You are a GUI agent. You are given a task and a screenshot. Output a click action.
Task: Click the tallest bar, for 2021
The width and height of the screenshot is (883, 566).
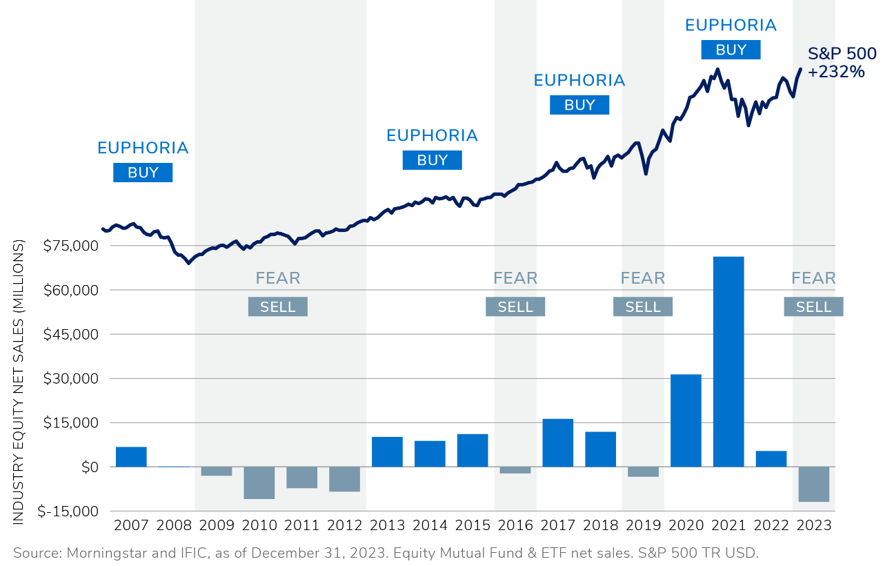[728, 362]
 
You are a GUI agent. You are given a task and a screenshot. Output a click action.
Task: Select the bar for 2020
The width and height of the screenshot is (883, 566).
[686, 420]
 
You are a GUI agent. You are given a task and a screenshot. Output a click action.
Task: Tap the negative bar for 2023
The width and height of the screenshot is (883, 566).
[813, 484]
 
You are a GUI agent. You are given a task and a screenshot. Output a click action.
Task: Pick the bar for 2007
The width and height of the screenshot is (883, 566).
[131, 457]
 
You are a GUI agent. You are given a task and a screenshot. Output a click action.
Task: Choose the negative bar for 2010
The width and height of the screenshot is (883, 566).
[259, 482]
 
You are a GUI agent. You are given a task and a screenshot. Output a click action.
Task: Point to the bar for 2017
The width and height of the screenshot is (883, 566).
[557, 442]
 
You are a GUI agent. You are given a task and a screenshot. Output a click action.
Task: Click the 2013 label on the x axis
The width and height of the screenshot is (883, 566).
[387, 525]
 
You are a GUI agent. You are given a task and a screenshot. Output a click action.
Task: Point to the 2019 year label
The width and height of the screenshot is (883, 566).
[643, 525]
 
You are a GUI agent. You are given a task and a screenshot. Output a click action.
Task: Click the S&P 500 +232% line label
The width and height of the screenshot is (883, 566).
[842, 63]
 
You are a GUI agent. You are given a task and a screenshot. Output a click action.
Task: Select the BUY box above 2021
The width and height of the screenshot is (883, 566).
[731, 50]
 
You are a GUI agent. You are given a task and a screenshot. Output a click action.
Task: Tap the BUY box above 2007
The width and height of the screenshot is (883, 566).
[143, 173]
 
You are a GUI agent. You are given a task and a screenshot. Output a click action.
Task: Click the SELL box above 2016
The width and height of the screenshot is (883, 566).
[515, 306]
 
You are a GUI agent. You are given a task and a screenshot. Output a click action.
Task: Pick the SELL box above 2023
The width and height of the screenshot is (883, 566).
[813, 306]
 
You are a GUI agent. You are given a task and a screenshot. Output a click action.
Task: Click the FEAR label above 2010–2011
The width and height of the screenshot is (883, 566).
[278, 278]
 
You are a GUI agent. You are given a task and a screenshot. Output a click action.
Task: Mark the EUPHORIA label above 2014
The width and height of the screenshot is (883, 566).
[432, 135]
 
